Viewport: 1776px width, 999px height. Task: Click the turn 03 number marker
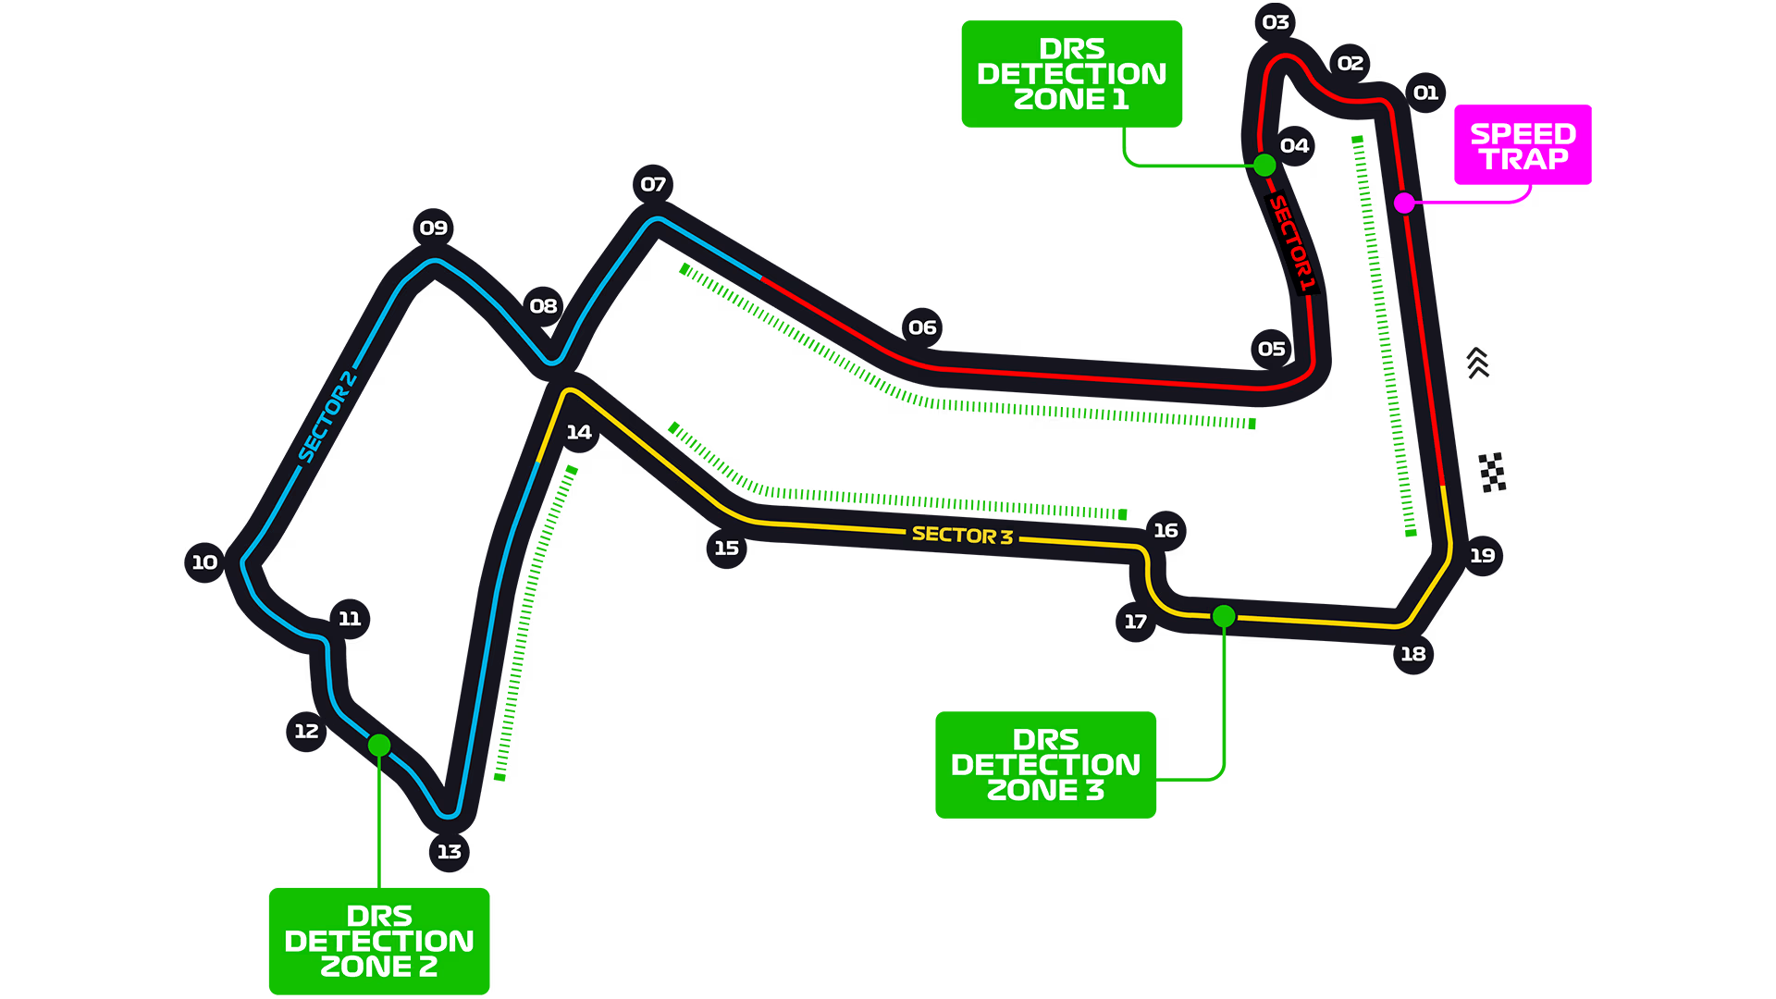pyautogui.click(x=1276, y=22)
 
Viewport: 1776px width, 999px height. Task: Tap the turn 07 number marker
pyautogui.click(x=653, y=184)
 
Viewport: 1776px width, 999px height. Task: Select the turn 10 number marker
pyautogui.click(x=204, y=561)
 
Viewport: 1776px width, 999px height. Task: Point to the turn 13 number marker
pyautogui.click(x=450, y=851)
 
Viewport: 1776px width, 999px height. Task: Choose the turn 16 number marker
pyautogui.click(x=1165, y=530)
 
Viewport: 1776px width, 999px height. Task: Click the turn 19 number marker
pyautogui.click(x=1483, y=555)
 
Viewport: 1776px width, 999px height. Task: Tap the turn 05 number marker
pyautogui.click(x=1272, y=349)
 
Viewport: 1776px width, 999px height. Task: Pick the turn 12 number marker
pyautogui.click(x=306, y=731)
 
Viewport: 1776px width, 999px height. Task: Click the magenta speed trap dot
pyautogui.click(x=1404, y=203)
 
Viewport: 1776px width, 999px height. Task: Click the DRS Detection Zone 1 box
pyautogui.click(x=1072, y=74)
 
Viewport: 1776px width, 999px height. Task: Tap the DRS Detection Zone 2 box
pyautogui.click(x=379, y=941)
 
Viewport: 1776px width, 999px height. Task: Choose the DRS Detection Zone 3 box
pyautogui.click(x=1046, y=765)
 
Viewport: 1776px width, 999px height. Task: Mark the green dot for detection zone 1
pyautogui.click(x=1264, y=166)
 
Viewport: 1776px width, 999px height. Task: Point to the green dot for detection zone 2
pyautogui.click(x=379, y=745)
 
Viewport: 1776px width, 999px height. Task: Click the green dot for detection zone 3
pyautogui.click(x=1224, y=616)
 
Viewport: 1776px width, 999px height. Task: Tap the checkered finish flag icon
pyautogui.click(x=1492, y=472)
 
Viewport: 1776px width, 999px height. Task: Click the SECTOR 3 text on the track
pyautogui.click(x=962, y=535)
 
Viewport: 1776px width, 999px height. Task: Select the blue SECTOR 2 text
pyautogui.click(x=327, y=416)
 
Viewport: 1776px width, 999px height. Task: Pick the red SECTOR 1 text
pyautogui.click(x=1291, y=243)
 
